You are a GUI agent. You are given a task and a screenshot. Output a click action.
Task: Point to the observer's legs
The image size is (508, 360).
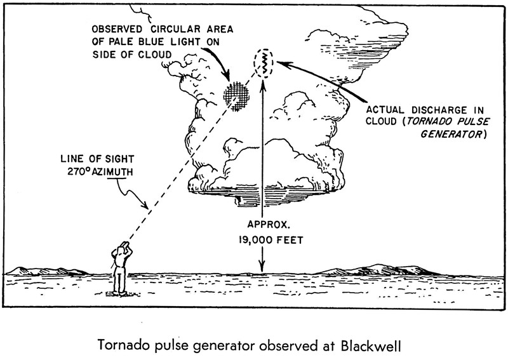(118, 279)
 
